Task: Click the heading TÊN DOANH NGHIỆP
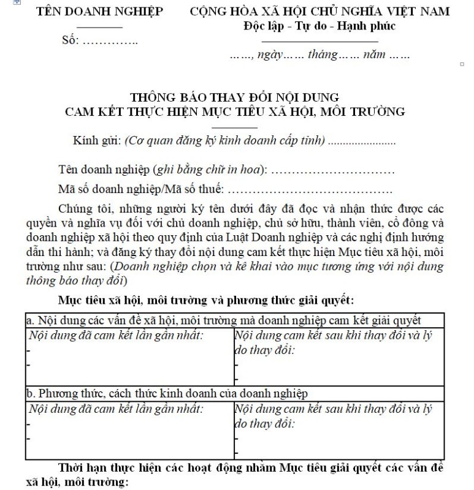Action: (x=100, y=12)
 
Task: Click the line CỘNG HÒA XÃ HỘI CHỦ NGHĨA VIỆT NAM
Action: (x=319, y=12)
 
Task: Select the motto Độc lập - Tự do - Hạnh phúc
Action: (x=319, y=26)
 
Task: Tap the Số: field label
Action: (x=72, y=41)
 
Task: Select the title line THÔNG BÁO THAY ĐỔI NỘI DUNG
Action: (x=235, y=97)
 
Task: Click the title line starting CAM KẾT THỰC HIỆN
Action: (x=235, y=111)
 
